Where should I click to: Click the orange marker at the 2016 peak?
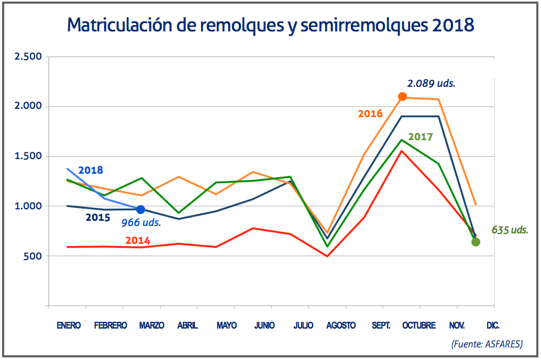[402, 96]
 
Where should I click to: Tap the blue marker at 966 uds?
[140, 210]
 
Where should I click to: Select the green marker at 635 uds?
[476, 242]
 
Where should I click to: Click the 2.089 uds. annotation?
[431, 83]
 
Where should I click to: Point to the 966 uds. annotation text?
[141, 222]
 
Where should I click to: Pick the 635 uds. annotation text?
[510, 230]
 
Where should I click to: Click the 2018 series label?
[91, 170]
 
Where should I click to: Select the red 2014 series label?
[138, 241]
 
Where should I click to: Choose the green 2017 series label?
[421, 137]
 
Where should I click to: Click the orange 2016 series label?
[370, 114]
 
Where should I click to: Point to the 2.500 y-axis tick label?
[28, 57]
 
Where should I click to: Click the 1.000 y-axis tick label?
[28, 206]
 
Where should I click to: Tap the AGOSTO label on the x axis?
[340, 325]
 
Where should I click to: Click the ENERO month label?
[69, 325]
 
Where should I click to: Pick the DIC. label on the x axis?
[492, 325]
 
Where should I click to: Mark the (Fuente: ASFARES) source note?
[487, 344]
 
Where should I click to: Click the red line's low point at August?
[327, 256]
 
